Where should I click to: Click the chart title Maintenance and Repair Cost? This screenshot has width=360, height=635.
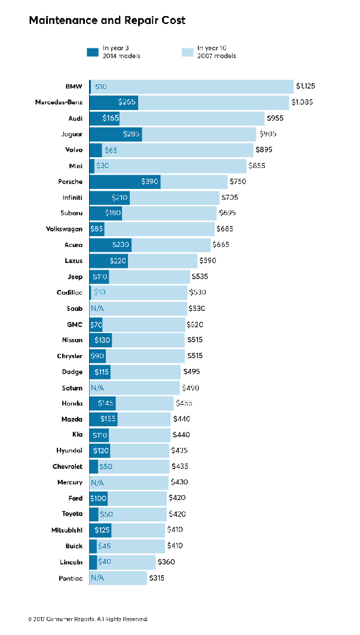107,20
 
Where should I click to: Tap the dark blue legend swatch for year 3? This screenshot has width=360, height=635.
93,52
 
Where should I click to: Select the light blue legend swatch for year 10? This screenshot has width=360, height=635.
187,52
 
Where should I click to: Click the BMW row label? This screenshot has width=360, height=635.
74,87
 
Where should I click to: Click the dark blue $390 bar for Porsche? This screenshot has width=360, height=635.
125,182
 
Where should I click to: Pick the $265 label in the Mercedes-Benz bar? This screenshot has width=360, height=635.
127,102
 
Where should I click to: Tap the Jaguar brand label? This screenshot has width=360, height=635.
72,134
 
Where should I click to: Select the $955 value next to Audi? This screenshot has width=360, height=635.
275,118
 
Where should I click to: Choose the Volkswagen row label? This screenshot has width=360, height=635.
64,229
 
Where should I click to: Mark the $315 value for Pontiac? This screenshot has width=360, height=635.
157,578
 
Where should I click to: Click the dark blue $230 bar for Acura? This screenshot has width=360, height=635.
111,245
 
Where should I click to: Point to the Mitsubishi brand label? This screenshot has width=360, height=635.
67,530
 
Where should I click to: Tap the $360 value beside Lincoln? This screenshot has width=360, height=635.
167,562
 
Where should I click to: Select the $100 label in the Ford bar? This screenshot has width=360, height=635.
98,499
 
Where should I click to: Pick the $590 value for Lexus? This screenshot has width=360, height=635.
208,261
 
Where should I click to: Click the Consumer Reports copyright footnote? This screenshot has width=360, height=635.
88,619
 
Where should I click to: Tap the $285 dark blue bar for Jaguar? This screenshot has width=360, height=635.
115,134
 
